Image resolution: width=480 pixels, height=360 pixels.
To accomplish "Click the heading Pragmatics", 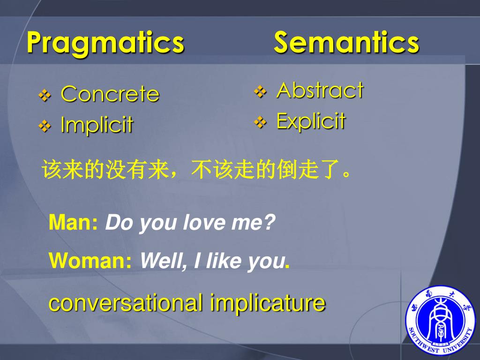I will point(105,43).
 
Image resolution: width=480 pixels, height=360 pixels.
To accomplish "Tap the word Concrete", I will point(110,94).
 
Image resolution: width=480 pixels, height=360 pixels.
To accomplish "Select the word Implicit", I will point(97,125).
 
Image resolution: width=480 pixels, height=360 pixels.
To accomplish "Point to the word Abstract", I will point(320,90).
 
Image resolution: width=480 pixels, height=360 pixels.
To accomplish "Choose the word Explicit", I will point(311,121).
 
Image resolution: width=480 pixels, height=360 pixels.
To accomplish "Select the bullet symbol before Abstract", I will point(260,91).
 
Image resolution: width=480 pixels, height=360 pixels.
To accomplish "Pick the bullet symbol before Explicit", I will point(260,122).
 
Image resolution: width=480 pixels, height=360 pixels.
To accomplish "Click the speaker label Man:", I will point(73,223).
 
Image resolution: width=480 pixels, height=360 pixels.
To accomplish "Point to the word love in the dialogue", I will point(198,223).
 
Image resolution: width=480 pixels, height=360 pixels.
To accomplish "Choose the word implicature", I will point(268,302).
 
